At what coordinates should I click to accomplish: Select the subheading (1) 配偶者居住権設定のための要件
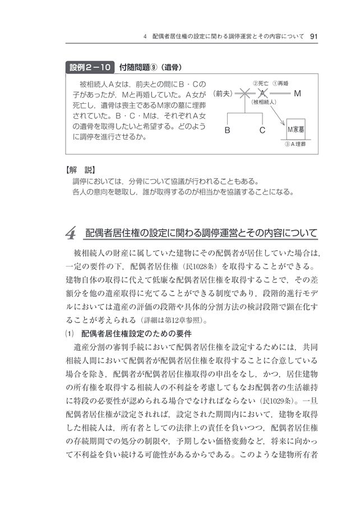point(128,333)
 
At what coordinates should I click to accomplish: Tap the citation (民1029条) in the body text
point(275,402)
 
